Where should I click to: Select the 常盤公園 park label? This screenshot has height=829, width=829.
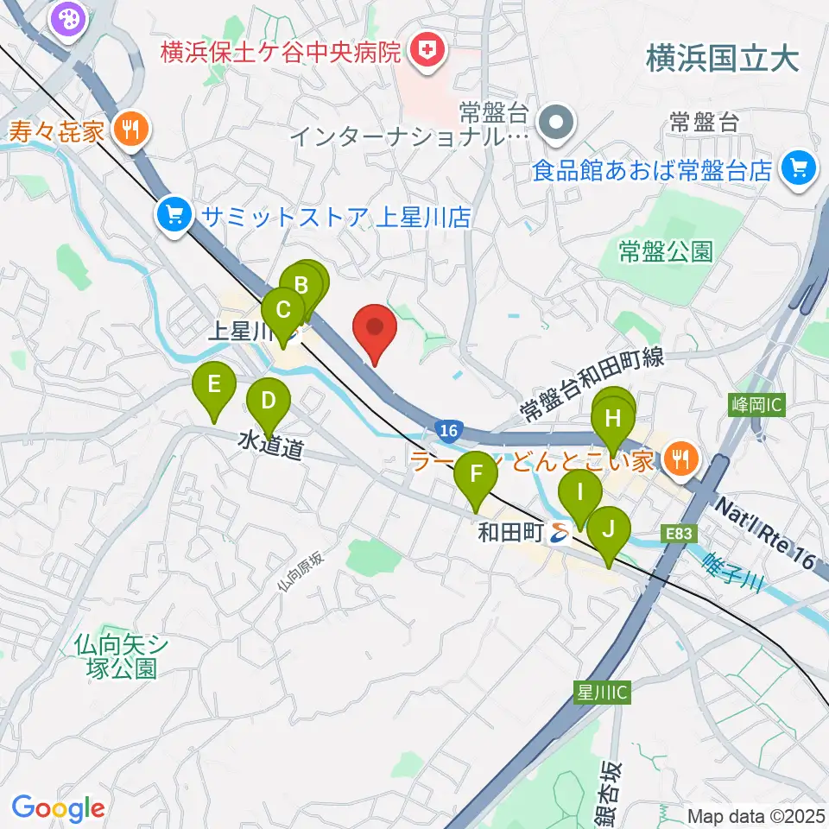point(666,251)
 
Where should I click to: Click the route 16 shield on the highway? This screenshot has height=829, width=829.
point(446,430)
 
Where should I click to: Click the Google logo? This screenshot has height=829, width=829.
point(58,808)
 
